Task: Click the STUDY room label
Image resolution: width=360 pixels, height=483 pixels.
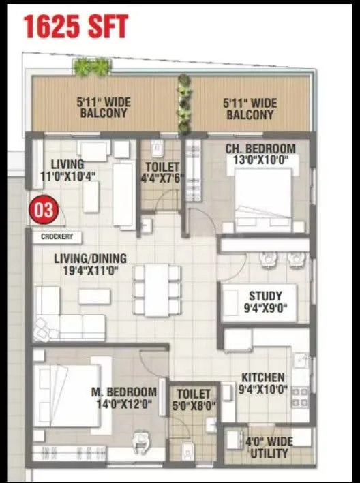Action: click(260, 296)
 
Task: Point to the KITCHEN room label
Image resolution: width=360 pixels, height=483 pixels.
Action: click(262, 377)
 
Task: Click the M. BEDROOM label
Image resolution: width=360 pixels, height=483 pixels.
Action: click(124, 392)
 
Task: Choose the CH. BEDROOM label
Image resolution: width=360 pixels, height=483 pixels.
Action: click(260, 149)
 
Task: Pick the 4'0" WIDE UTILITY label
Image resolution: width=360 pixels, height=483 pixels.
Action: click(269, 447)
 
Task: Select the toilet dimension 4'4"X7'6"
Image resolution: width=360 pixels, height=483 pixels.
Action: click(162, 180)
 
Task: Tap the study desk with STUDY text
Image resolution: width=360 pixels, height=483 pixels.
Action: click(260, 301)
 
